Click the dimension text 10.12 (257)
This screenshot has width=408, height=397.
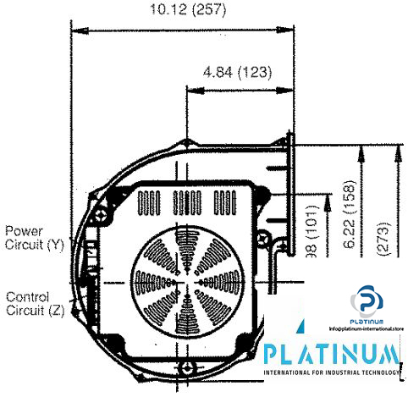tap(180, 11)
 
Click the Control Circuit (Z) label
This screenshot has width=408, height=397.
tap(34, 303)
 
